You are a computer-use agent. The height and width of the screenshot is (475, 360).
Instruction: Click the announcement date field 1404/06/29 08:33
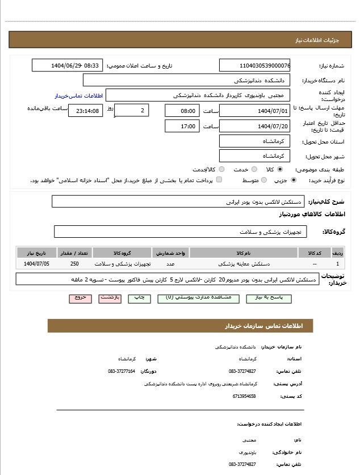67,65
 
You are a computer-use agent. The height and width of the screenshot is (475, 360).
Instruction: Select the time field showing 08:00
182,111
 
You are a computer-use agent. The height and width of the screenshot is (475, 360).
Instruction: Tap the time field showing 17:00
182,126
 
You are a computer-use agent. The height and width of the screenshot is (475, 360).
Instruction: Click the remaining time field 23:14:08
86,111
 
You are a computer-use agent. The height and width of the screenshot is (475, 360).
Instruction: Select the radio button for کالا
280,169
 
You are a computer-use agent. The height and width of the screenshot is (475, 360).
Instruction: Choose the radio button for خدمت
254,169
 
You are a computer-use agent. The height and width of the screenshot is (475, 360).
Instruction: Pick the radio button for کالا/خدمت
221,169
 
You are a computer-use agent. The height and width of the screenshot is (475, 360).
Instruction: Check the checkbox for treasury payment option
219,180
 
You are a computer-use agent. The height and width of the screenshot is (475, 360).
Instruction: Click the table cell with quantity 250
75,264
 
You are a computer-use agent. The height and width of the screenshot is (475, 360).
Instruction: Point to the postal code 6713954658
244,396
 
